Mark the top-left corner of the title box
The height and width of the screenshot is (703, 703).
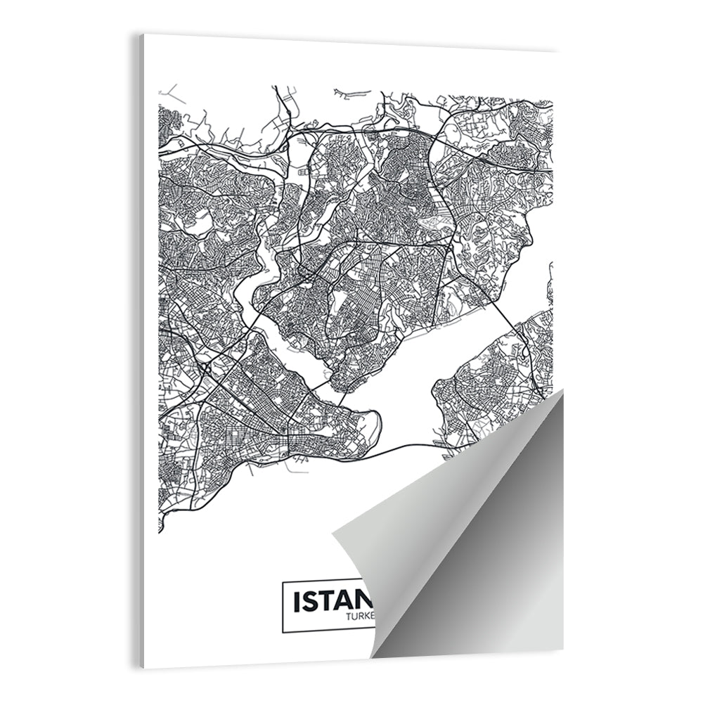click(283, 582)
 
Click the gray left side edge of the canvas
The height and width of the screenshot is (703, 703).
click(141, 351)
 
